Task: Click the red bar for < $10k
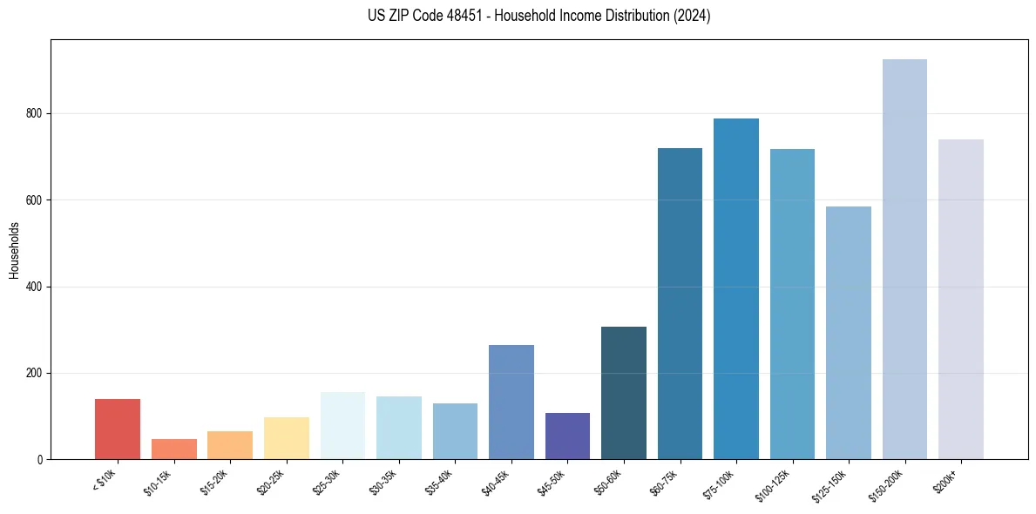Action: point(118,429)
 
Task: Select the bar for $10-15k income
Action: point(173,449)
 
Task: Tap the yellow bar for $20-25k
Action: point(286,438)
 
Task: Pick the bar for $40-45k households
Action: point(511,402)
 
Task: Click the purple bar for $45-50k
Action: point(567,436)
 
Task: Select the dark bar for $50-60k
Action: point(624,393)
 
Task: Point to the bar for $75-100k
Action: point(736,288)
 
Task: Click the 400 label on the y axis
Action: point(35,287)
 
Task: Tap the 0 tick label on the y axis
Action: point(40,459)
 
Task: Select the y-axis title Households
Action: point(14,250)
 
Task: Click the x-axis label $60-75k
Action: point(665,481)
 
